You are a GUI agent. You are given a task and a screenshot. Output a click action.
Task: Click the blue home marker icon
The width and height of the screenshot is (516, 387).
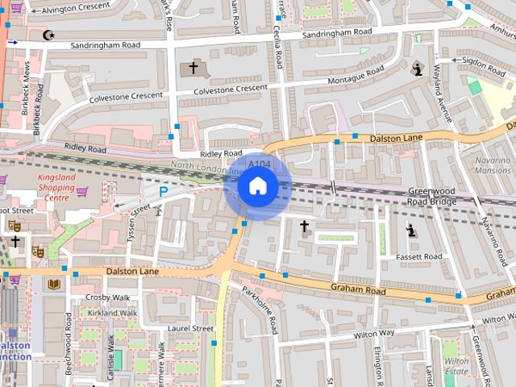click(x=257, y=186)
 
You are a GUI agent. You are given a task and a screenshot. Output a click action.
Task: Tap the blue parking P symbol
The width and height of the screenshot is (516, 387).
click(x=163, y=192)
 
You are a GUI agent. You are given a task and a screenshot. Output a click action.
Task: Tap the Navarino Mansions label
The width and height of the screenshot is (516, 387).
click(x=493, y=165)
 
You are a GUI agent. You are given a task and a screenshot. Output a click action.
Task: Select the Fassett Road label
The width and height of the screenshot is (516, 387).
click(x=419, y=256)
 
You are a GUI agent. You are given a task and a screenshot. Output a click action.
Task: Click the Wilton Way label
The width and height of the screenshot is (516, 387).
click(x=374, y=332)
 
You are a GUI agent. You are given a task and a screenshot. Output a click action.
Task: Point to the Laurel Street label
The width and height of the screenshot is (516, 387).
click(x=192, y=328)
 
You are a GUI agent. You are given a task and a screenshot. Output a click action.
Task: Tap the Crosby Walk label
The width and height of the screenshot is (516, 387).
click(x=107, y=297)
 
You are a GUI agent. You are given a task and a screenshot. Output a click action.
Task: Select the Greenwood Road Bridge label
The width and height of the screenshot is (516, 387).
click(x=432, y=196)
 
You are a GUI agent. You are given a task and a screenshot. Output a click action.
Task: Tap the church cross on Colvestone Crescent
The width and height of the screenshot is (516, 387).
click(x=193, y=68)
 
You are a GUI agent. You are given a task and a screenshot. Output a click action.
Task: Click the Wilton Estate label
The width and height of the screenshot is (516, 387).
click(x=455, y=366)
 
